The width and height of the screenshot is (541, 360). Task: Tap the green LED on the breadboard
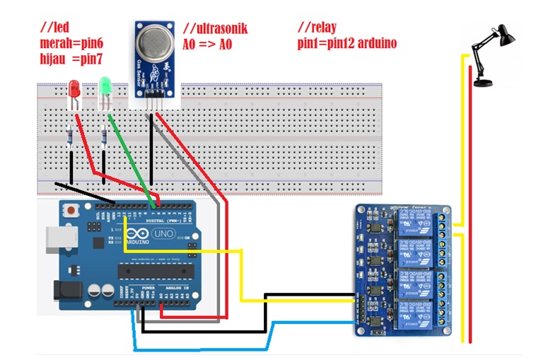coord(106,87)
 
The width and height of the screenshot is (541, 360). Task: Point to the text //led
coord(56,28)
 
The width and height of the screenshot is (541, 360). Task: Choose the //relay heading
coord(319,28)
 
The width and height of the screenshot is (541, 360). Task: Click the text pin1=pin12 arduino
coord(347,43)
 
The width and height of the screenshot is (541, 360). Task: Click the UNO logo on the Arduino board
coord(164,233)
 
